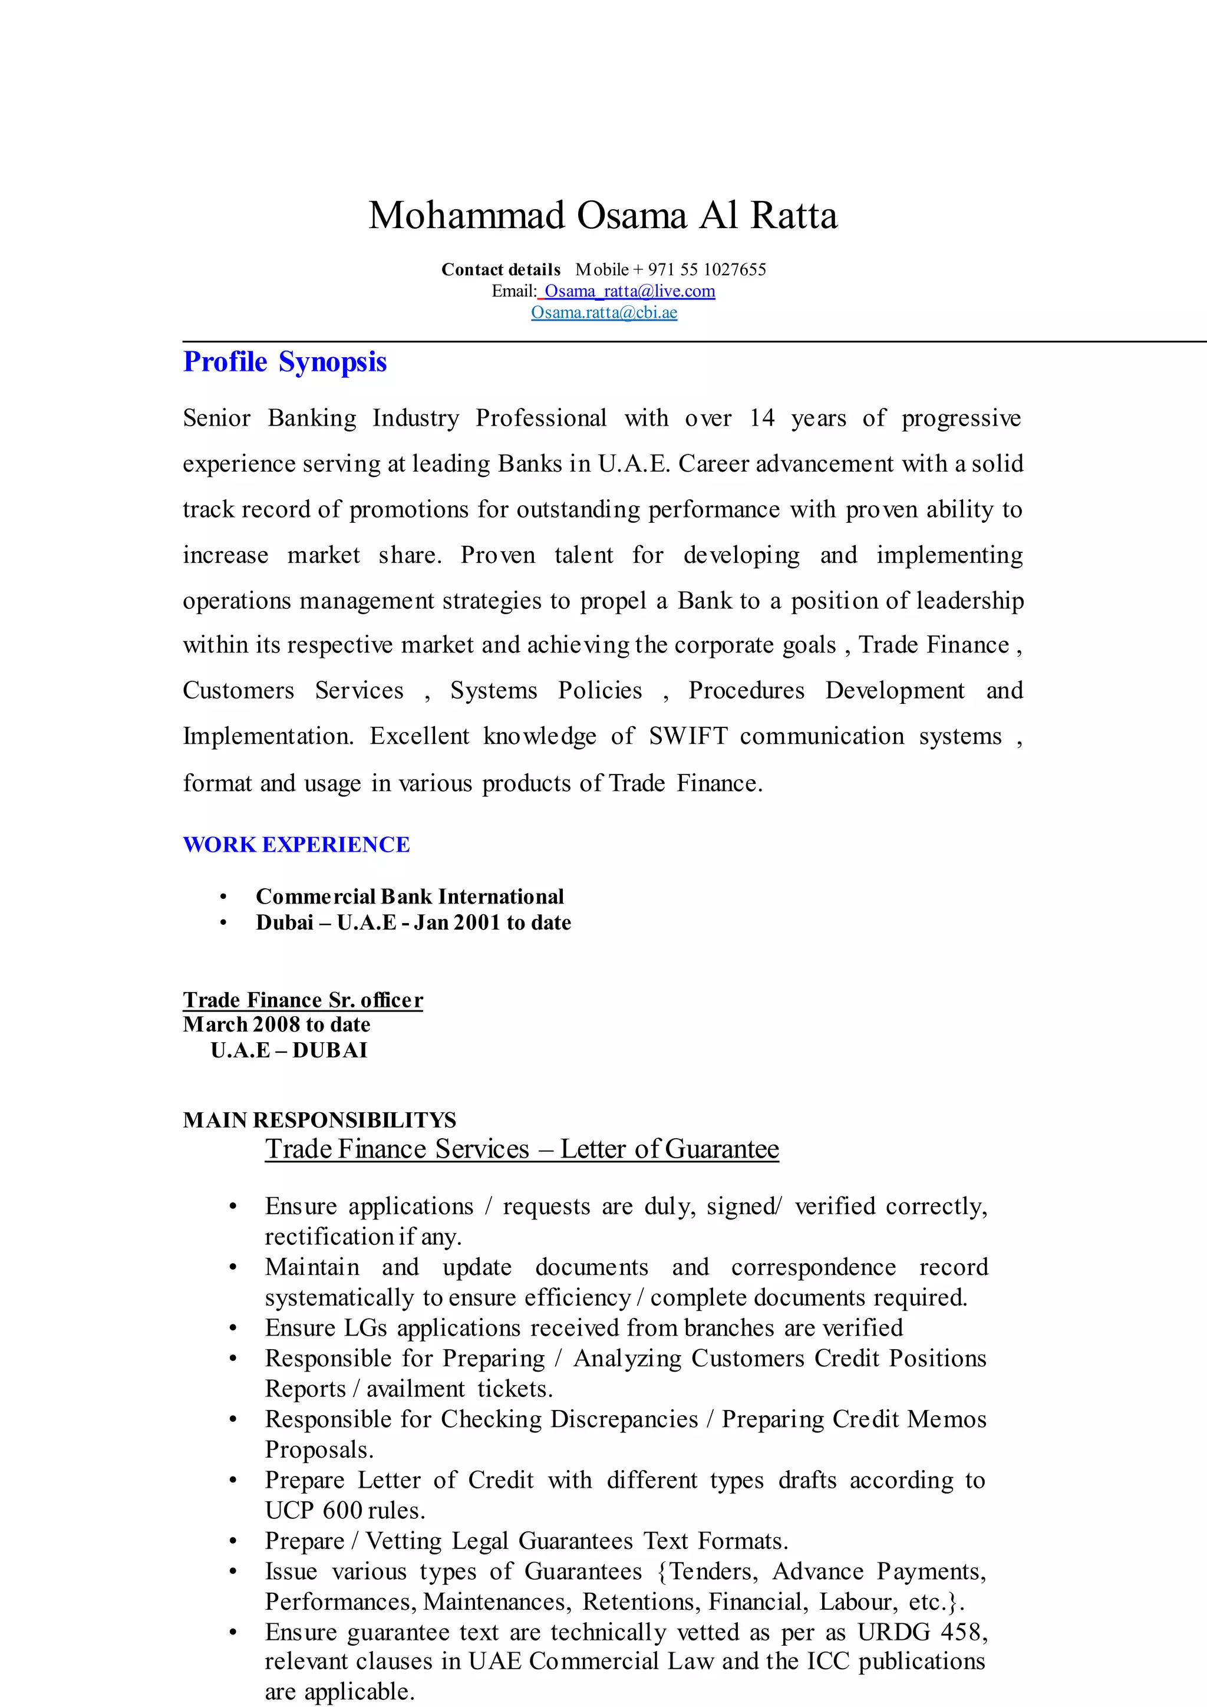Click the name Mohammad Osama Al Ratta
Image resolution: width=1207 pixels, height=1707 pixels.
click(x=603, y=216)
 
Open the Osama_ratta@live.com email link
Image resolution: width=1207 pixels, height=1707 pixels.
click(x=629, y=291)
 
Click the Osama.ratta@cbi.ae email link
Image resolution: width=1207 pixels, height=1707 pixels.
click(x=603, y=312)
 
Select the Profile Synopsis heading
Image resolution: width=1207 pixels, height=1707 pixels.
click(x=285, y=362)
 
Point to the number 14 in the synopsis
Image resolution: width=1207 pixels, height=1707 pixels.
click(x=762, y=418)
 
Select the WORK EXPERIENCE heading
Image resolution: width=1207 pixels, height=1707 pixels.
click(x=296, y=845)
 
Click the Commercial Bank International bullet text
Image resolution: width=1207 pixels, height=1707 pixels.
click(x=410, y=897)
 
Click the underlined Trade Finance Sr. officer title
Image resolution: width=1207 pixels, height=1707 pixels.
click(x=302, y=1000)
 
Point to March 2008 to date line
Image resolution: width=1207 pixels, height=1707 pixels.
click(x=276, y=1024)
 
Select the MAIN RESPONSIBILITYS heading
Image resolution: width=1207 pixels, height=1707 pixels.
click(x=319, y=1121)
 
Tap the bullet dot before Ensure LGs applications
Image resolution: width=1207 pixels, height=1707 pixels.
click(x=233, y=1329)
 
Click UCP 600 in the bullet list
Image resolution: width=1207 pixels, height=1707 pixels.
click(x=313, y=1511)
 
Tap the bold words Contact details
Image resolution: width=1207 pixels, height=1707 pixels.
click(x=501, y=270)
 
